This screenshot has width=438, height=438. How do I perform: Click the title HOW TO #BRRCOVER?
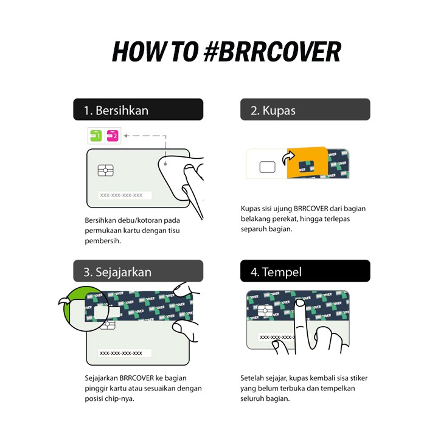point(226,52)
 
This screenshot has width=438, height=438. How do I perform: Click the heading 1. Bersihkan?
point(116,110)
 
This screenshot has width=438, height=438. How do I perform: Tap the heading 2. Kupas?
point(273,110)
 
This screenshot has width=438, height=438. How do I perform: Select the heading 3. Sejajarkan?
point(117,272)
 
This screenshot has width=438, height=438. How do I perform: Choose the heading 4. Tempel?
point(276,272)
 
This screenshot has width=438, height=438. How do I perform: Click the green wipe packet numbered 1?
point(96,136)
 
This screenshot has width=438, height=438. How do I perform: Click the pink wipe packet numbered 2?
point(113,136)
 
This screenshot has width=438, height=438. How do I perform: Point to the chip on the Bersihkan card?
point(106,170)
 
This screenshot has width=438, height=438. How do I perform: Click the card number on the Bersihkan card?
point(121,195)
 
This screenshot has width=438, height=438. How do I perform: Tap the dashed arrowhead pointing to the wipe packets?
point(126,136)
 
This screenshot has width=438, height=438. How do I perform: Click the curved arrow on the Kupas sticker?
point(288,158)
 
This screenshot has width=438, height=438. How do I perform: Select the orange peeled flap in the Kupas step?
point(307,162)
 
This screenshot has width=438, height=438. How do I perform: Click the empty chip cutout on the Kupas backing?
point(267,167)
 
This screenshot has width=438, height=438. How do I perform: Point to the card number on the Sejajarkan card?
point(121,353)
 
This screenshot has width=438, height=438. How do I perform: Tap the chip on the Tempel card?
point(265,310)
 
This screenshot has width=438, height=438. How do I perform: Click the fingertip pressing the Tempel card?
point(300,302)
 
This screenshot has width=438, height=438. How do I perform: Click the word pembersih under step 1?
point(103,241)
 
